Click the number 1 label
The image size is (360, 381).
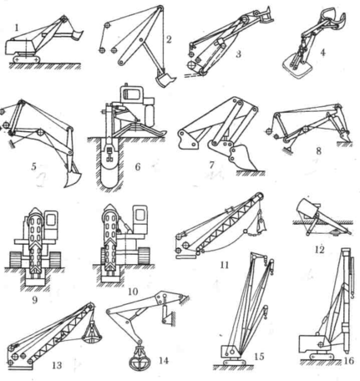(x=18, y=28)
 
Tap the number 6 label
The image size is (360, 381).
(x=138, y=167)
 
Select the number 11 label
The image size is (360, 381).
(x=225, y=265)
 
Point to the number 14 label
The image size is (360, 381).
(x=164, y=360)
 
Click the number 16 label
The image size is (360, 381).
(x=348, y=361)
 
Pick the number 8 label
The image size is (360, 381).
(x=319, y=150)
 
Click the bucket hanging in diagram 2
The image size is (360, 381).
(x=165, y=79)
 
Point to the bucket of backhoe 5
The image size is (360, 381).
(x=72, y=177)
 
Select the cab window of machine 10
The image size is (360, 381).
(x=139, y=216)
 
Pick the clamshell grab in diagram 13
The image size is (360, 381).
(x=92, y=333)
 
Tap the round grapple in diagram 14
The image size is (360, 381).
(x=139, y=358)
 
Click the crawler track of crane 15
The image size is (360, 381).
(x=234, y=362)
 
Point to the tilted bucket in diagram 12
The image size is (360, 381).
(x=307, y=209)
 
